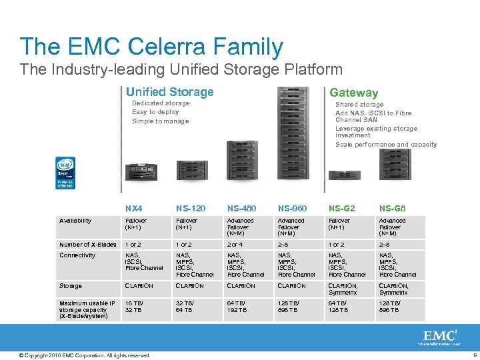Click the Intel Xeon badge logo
point(65,173)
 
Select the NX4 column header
point(134,209)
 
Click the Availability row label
point(75,221)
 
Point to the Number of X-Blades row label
point(87,244)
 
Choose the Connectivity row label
point(77,255)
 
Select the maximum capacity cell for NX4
point(136,307)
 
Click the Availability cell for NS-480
point(241,227)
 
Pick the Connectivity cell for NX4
point(144,261)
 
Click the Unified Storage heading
point(169,92)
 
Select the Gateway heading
point(353,93)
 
